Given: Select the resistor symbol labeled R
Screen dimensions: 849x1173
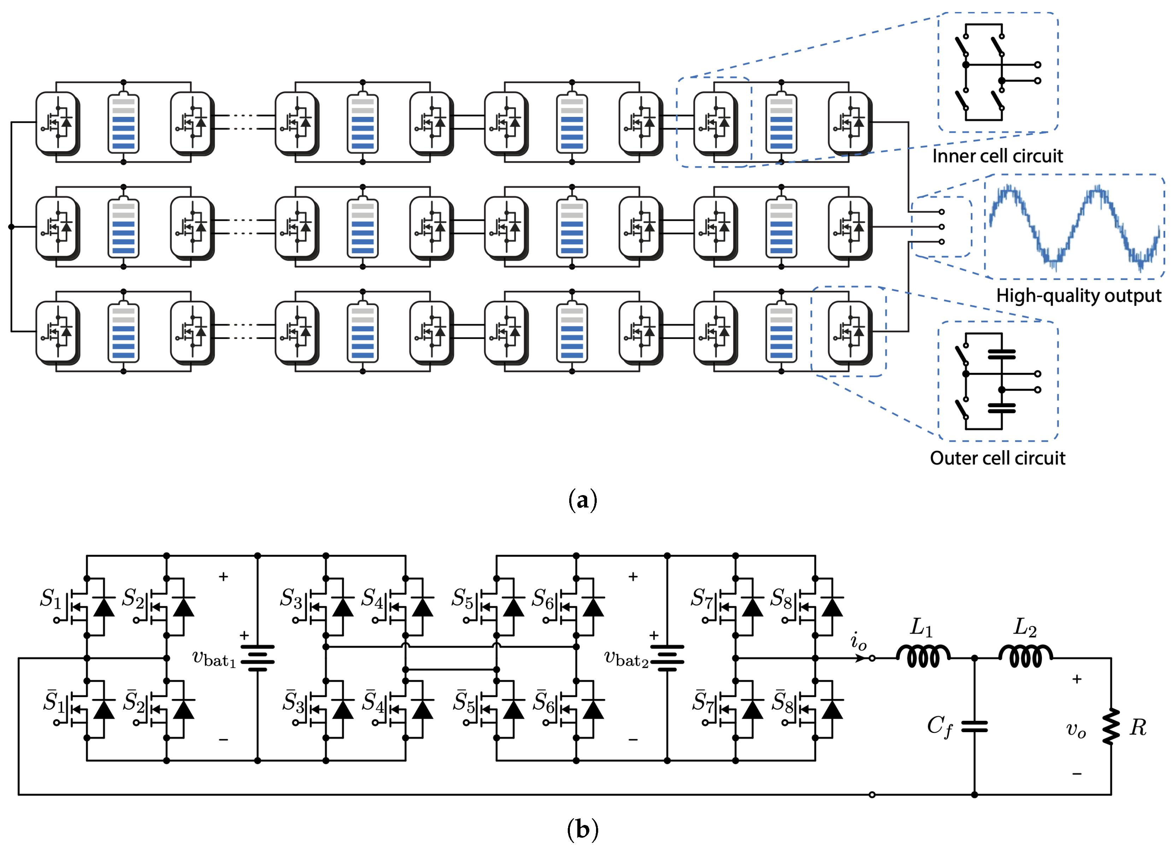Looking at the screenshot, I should click(1110, 726).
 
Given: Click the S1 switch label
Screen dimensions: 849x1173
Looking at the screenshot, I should click(51, 599).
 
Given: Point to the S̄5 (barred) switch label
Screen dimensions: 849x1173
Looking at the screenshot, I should click(464, 702).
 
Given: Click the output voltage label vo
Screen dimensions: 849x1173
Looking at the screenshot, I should click(1076, 729).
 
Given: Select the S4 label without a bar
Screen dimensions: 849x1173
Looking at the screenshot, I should click(372, 599).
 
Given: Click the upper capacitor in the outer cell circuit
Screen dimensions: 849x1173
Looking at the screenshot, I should click(1001, 354).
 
